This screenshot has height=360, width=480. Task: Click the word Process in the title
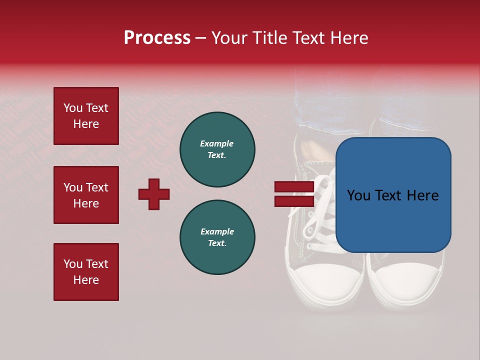click(x=157, y=38)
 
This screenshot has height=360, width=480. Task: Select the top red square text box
click(x=86, y=116)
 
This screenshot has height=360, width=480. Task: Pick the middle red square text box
click(x=86, y=195)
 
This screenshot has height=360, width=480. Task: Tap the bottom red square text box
click(x=86, y=272)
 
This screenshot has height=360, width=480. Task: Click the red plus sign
click(x=154, y=194)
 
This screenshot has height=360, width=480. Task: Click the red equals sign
click(x=294, y=194)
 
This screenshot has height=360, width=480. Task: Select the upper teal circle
click(x=217, y=149)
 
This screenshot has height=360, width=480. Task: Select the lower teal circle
click(x=217, y=237)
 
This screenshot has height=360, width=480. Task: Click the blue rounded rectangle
click(x=393, y=195)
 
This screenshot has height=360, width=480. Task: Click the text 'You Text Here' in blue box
click(x=393, y=195)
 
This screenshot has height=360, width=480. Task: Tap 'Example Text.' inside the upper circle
click(x=217, y=149)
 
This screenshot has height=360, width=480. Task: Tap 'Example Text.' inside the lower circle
click(x=217, y=237)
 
